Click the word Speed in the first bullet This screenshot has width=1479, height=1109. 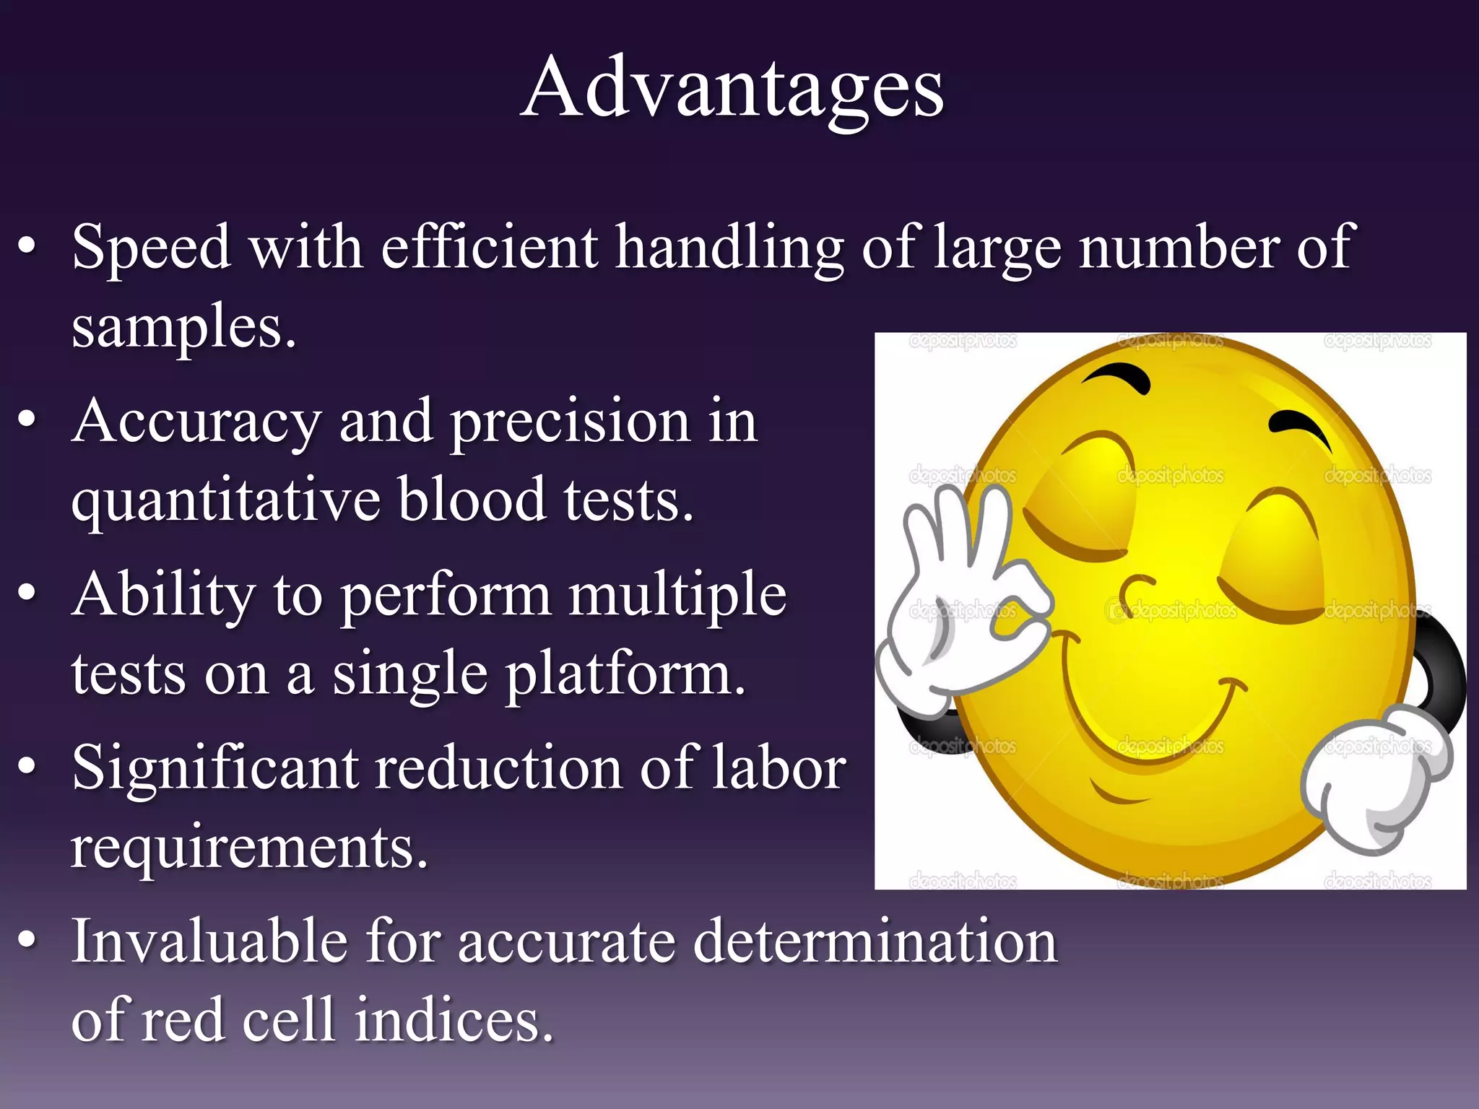(x=151, y=248)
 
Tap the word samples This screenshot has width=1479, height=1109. (x=183, y=327)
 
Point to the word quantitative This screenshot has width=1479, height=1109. (x=225, y=500)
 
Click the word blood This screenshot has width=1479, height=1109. (x=472, y=499)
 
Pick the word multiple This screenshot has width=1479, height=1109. (x=677, y=595)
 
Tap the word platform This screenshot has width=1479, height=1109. (x=625, y=674)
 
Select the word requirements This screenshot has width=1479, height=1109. (x=249, y=847)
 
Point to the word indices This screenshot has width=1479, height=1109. (x=454, y=1020)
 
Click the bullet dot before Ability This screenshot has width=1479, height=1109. (x=27, y=593)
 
